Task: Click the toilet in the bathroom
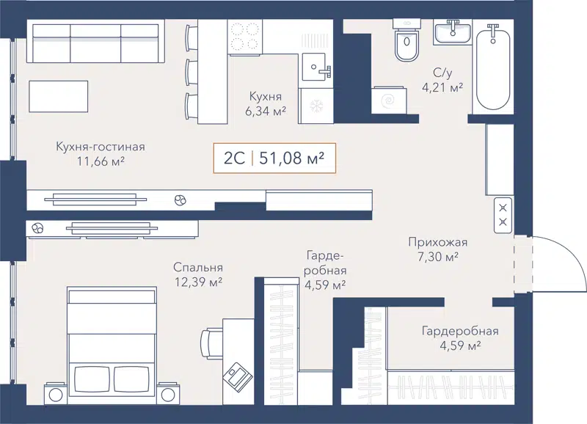pos(405,46)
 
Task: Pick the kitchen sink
pos(318,70)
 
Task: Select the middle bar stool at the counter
pos(192,71)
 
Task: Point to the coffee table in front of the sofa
pos(59,96)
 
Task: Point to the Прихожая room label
pos(438,243)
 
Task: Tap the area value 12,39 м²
pos(198,282)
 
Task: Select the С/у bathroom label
pos(442,73)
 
